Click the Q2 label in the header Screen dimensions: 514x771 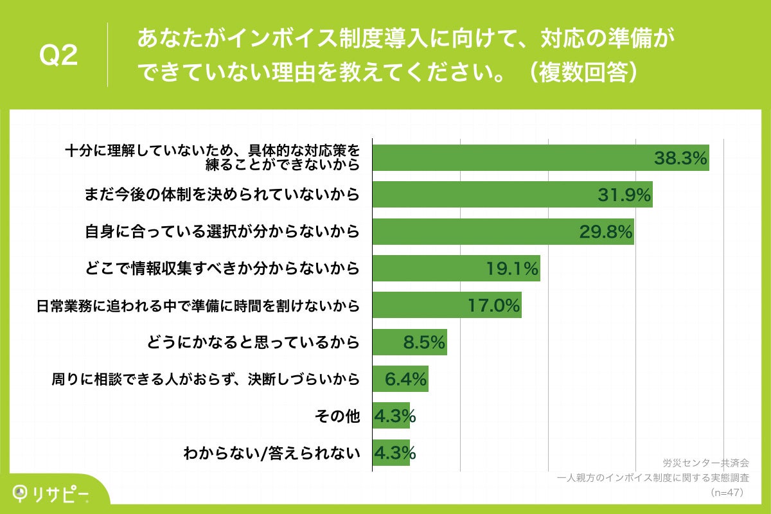[x=58, y=57]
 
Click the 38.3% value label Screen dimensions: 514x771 [x=680, y=158]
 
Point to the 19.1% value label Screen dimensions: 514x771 [x=512, y=269]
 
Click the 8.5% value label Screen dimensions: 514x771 [x=424, y=342]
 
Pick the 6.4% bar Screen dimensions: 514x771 [x=400, y=379]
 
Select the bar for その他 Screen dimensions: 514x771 [x=391, y=416]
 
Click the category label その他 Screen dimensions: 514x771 [x=337, y=416]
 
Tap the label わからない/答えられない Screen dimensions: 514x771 [x=270, y=454]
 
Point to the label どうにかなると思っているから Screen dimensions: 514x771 [x=253, y=342]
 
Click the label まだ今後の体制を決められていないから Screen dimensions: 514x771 [x=222, y=195]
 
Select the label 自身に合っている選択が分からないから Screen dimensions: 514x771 [x=222, y=232]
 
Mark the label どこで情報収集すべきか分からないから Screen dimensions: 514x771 [x=222, y=269]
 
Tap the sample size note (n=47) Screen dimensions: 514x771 [x=726, y=492]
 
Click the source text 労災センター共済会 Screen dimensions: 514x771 [x=705, y=463]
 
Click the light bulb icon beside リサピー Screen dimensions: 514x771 [x=21, y=493]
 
